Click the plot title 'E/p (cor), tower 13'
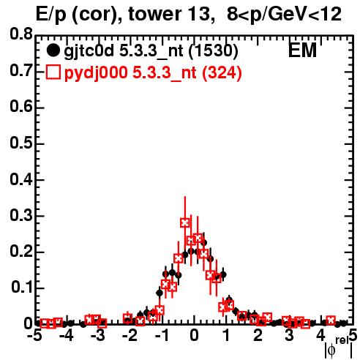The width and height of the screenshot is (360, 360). click(x=123, y=14)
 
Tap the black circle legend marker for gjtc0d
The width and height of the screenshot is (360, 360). click(x=53, y=50)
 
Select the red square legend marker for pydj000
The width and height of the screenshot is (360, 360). click(x=53, y=72)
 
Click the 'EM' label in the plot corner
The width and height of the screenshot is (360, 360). click(x=302, y=50)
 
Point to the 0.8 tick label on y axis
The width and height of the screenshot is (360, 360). click(x=21, y=34)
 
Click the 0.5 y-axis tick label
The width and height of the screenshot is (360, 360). click(x=21, y=143)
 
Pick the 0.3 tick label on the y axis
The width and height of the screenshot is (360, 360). click(x=21, y=215)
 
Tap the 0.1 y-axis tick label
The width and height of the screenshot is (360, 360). click(x=22, y=288)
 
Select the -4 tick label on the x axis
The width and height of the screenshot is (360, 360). click(x=66, y=336)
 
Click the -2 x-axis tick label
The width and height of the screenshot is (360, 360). click(x=130, y=336)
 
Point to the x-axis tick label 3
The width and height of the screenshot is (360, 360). click(x=289, y=336)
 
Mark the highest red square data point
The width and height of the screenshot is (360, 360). click(x=185, y=222)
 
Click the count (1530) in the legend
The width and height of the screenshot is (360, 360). click(x=214, y=50)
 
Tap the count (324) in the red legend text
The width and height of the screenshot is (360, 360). click(x=222, y=72)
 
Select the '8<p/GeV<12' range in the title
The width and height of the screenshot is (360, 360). click(x=284, y=14)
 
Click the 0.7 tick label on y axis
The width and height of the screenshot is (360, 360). click(x=21, y=70)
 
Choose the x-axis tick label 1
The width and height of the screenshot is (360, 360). click(x=227, y=336)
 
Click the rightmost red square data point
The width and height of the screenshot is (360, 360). click(x=331, y=320)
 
